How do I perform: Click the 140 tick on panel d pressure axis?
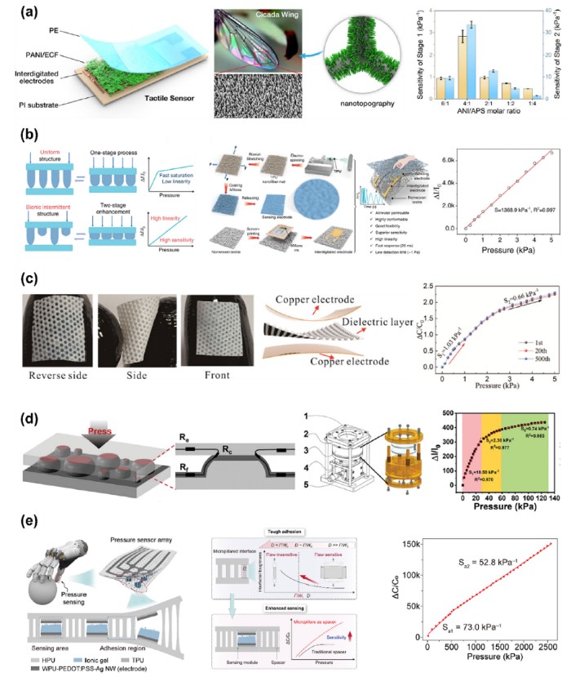[x=554, y=501]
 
